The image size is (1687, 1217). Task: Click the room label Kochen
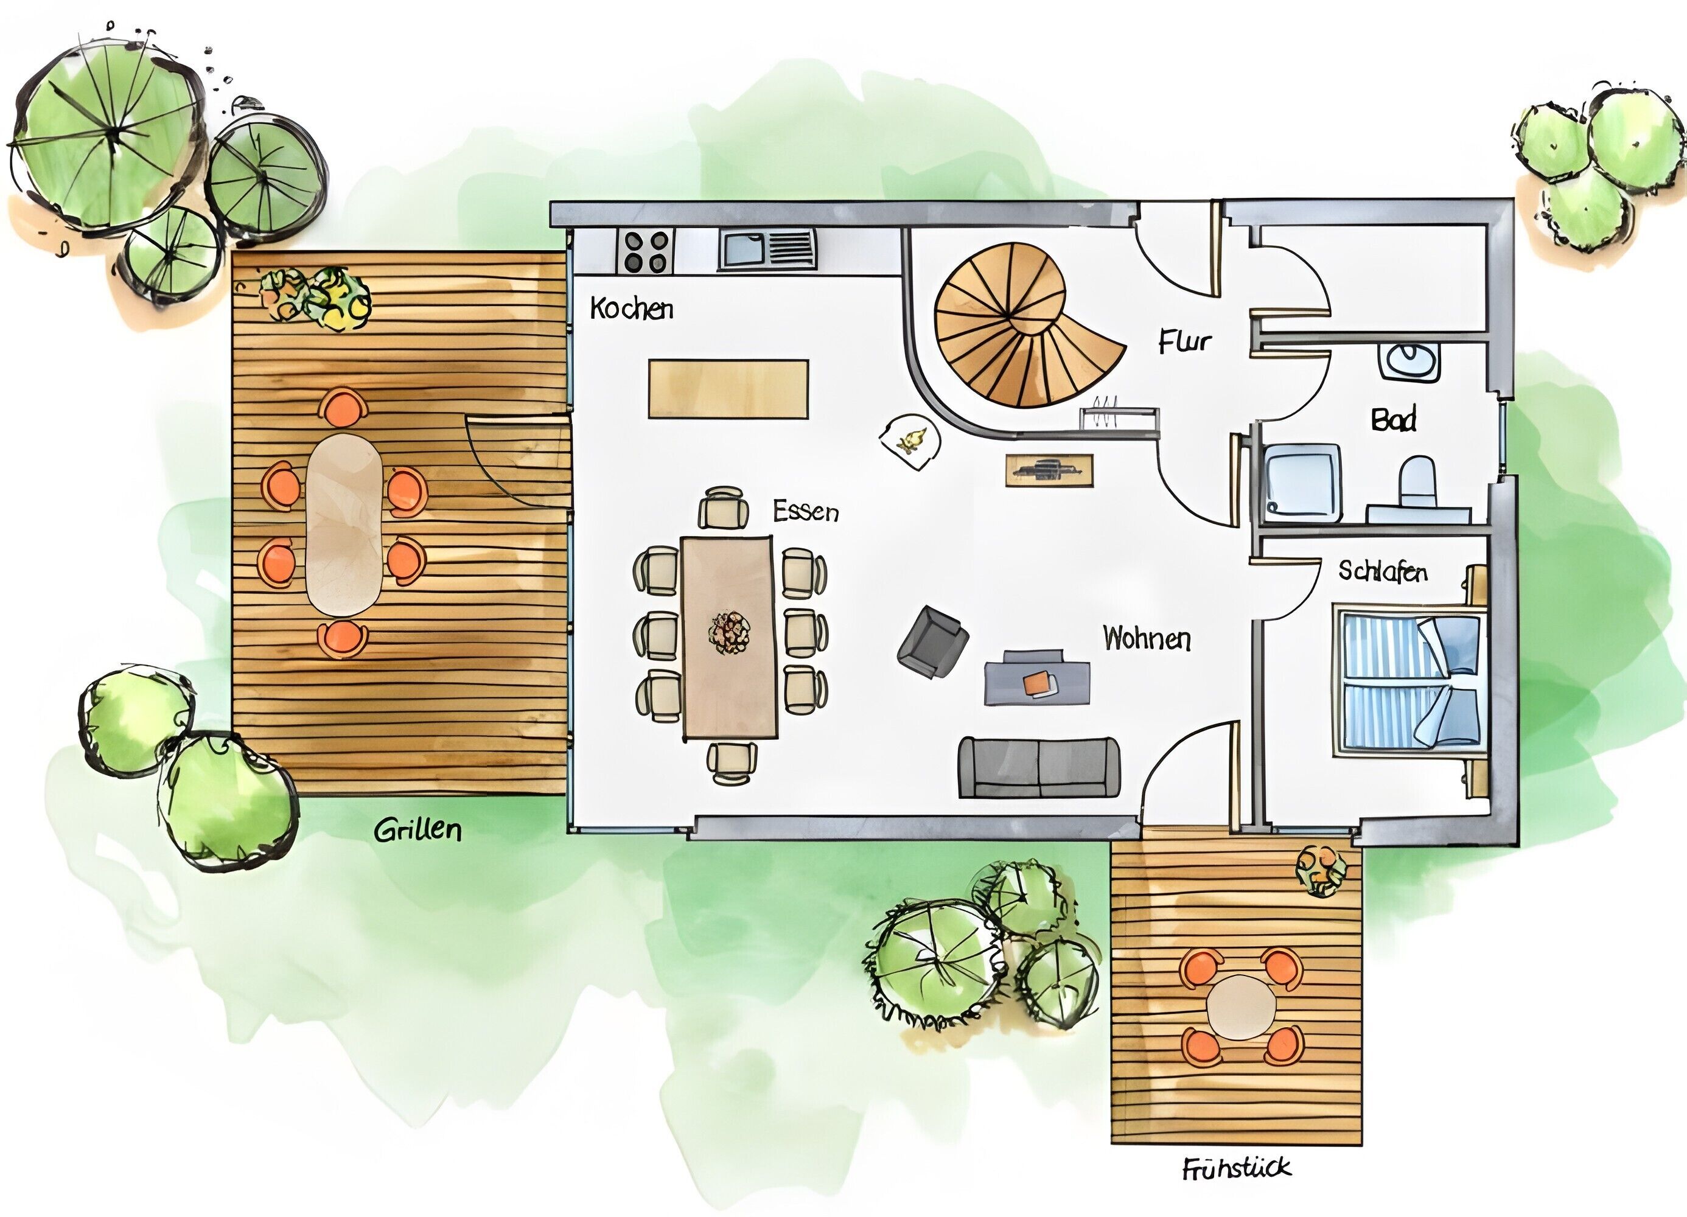(x=632, y=308)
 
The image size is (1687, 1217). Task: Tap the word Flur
(x=1184, y=341)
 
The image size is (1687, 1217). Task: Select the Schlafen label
(x=1383, y=571)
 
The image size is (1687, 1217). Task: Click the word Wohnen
(x=1146, y=638)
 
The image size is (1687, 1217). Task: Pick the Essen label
(x=806, y=511)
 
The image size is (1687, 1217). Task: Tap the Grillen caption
(x=417, y=829)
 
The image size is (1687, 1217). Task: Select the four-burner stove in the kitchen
(x=646, y=251)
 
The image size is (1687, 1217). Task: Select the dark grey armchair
(x=934, y=641)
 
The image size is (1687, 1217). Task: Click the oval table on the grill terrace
(x=344, y=525)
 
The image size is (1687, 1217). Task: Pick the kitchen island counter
(x=728, y=389)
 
